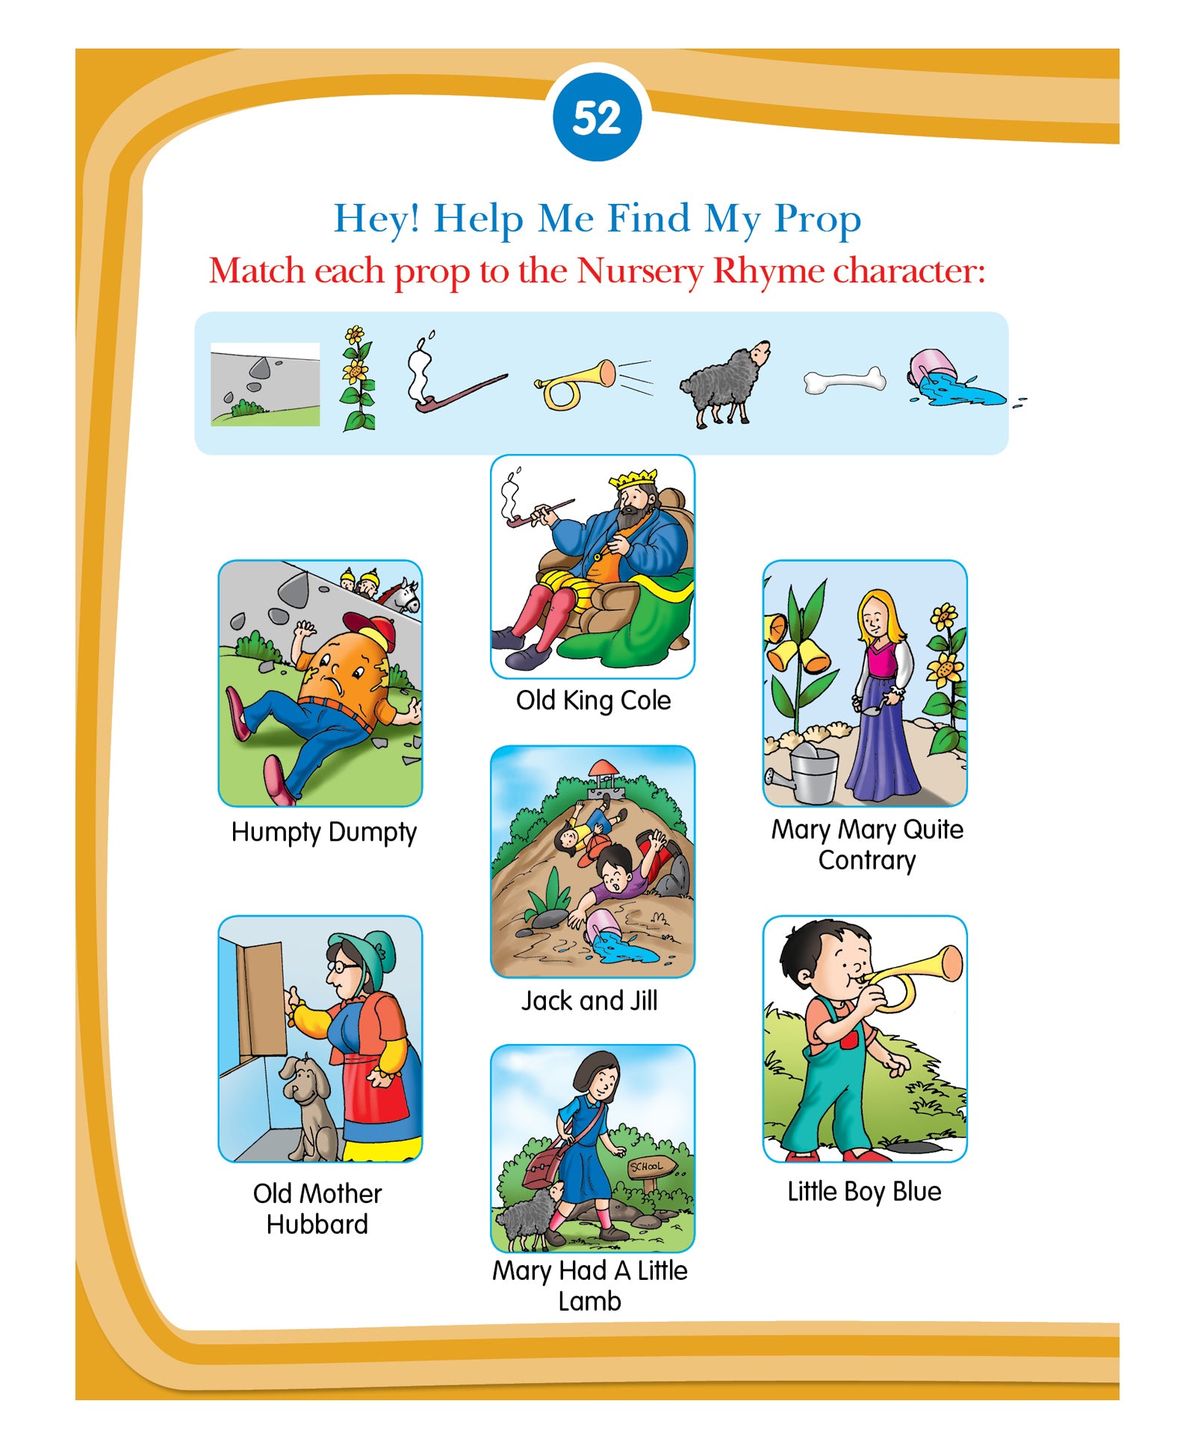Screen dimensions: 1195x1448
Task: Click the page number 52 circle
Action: click(x=597, y=117)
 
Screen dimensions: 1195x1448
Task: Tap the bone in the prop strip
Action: click(x=844, y=381)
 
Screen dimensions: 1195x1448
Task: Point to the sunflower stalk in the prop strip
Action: click(x=358, y=379)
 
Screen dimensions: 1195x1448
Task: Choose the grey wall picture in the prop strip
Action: click(x=265, y=384)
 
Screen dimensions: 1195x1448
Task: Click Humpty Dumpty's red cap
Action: click(x=371, y=630)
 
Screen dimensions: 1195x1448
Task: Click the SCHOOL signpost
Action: click(x=651, y=1170)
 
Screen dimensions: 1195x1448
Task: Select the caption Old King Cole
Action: click(x=594, y=700)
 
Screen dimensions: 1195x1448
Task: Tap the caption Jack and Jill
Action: click(x=589, y=1001)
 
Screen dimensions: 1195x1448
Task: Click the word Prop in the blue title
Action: click(x=818, y=220)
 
